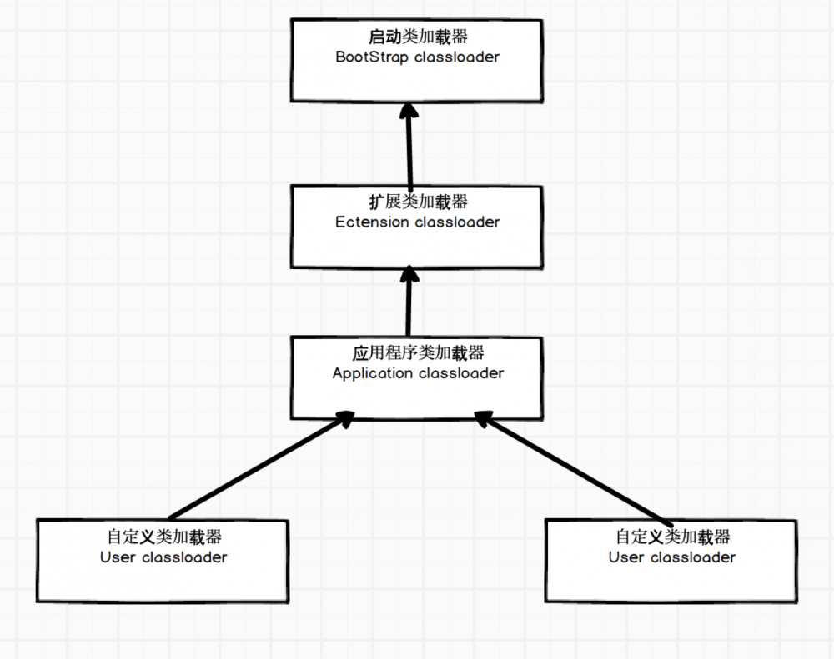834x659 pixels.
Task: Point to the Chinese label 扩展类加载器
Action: [418, 202]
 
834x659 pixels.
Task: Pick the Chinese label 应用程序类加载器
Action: [418, 353]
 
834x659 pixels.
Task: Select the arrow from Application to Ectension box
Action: [409, 304]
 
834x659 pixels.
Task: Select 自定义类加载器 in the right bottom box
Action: [672, 537]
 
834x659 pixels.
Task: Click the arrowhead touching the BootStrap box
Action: [407, 112]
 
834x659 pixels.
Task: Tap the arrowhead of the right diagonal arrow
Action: [485, 420]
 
